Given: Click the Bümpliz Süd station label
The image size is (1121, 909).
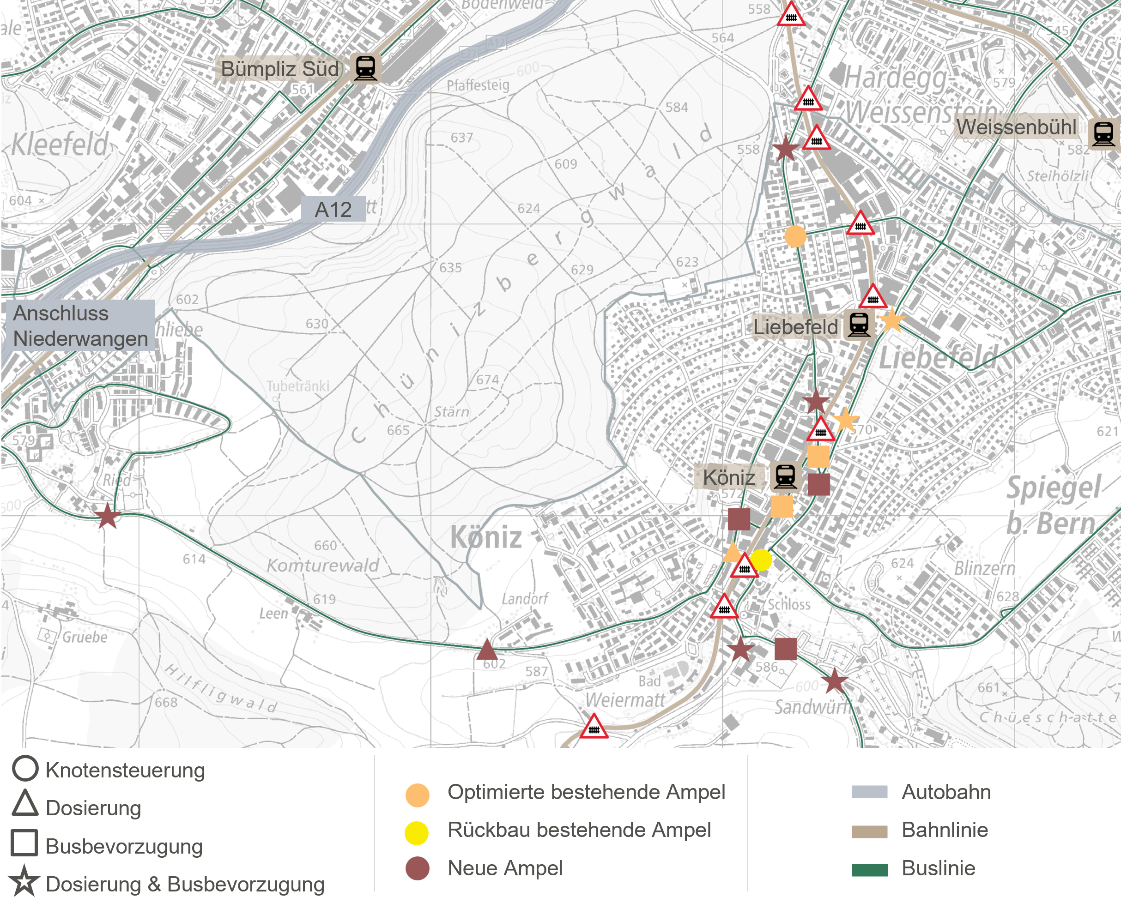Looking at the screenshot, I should pos(280,69).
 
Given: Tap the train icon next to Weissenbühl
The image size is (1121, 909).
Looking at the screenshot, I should pos(1103,133).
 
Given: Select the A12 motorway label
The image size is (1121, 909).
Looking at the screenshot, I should pos(333,210).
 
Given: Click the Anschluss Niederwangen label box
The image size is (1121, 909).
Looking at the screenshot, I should pos(80,325).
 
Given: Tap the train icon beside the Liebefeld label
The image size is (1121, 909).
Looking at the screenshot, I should pos(859,325).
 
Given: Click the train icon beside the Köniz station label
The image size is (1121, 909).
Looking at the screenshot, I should pos(785,476).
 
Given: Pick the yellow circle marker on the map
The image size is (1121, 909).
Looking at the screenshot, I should pos(761,560).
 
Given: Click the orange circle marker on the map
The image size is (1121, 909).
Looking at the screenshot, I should pos(795,237).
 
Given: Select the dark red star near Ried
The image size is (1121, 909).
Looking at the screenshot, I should pos(107,516).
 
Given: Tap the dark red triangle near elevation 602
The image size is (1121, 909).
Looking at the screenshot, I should pos(487,650).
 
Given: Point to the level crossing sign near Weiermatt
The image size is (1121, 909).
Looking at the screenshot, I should pos(594,727).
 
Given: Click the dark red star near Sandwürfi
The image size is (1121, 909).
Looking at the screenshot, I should pos(834,681).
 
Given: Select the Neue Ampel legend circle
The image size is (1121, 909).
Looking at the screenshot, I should pos(418,869).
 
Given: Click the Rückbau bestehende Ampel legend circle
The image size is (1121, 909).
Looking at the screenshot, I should pos(417,832).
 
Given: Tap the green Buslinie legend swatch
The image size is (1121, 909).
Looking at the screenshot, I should pos(870,870).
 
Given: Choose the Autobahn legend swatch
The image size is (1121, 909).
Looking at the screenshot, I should pos(870,792).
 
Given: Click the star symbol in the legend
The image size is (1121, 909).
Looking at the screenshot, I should pos(24,881).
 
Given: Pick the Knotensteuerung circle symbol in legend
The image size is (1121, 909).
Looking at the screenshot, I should pos(25,768).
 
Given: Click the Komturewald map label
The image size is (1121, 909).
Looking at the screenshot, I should pos(323,566).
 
